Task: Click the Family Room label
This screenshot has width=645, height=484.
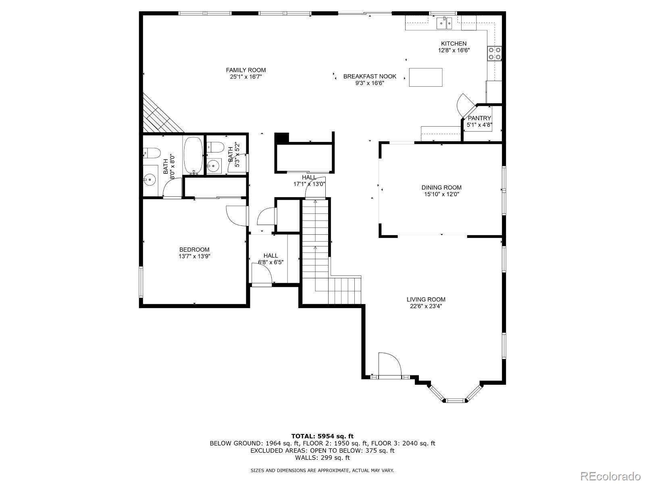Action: click(x=246, y=70)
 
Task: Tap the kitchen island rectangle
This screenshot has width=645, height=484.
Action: click(x=425, y=77)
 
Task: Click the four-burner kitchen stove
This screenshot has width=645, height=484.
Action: click(x=495, y=54)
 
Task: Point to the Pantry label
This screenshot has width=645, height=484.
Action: click(x=479, y=118)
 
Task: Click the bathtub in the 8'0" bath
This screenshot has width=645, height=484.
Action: click(x=193, y=155)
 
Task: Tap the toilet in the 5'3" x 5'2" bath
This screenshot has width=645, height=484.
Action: click(x=216, y=147)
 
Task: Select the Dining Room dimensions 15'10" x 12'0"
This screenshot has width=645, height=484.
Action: click(x=441, y=194)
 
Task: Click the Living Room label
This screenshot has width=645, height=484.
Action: click(x=426, y=299)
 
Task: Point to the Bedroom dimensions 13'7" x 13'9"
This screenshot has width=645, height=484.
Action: click(x=194, y=256)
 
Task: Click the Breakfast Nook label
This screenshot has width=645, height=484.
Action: click(x=370, y=76)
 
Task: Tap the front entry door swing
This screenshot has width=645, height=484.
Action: click(x=390, y=364)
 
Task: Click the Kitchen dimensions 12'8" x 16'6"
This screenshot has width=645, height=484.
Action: click(x=454, y=50)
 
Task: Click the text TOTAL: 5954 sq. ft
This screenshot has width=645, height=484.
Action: click(x=322, y=436)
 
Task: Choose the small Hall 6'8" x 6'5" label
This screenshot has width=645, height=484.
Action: click(x=270, y=256)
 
